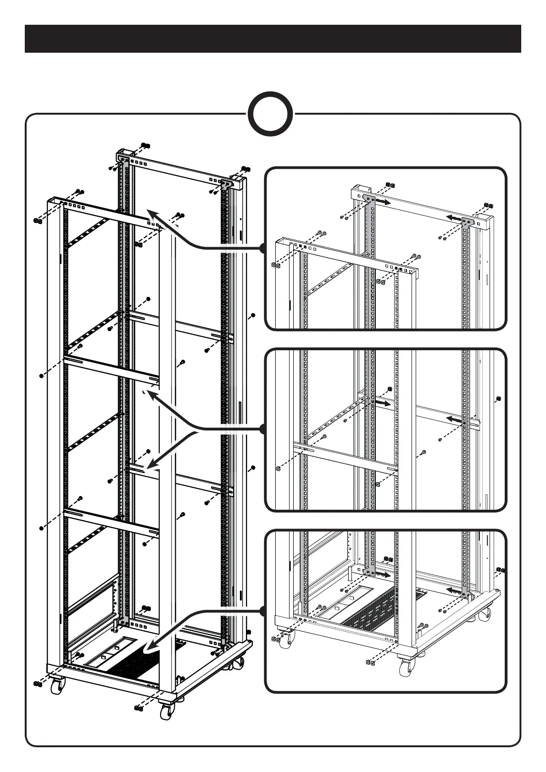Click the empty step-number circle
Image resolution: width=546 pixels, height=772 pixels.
click(270, 115)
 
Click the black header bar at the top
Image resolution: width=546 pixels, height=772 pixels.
click(273, 39)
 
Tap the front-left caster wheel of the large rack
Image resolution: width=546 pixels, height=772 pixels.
click(58, 686)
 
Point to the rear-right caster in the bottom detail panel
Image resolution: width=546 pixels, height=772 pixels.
click(485, 615)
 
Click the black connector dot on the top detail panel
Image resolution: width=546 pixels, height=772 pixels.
click(262, 248)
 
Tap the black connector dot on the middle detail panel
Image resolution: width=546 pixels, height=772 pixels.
click(262, 429)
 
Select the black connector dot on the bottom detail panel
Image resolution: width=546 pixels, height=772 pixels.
click(262, 611)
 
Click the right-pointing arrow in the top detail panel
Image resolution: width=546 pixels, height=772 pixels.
click(384, 202)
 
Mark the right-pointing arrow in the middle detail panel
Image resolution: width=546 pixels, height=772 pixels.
click(384, 403)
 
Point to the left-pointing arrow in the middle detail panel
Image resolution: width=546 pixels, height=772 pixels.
click(455, 419)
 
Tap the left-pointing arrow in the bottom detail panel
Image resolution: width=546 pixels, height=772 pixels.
click(454, 590)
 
